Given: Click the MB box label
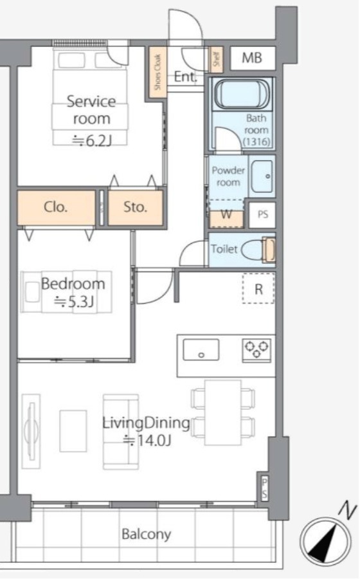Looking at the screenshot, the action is (252, 58).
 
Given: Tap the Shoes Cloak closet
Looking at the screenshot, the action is (158, 72).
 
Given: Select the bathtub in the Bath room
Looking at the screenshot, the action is (242, 94).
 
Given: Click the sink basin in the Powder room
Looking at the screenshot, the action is (262, 176).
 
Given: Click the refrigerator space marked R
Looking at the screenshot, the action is (258, 288).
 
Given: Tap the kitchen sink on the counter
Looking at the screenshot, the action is (201, 350).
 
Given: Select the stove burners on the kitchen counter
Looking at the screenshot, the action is (256, 350).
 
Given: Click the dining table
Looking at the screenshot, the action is (223, 412).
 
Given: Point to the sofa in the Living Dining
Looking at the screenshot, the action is (121, 432).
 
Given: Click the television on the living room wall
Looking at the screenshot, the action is (31, 431).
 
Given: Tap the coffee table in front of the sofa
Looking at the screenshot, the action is (73, 431).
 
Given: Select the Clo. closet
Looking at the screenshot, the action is (56, 208).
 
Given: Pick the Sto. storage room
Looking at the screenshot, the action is (136, 208).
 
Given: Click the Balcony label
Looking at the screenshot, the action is (147, 535).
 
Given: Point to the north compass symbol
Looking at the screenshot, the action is (325, 540).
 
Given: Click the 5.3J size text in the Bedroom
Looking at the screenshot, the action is (74, 302).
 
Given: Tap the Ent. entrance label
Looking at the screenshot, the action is (186, 77).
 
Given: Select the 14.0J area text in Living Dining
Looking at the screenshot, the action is (147, 441).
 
